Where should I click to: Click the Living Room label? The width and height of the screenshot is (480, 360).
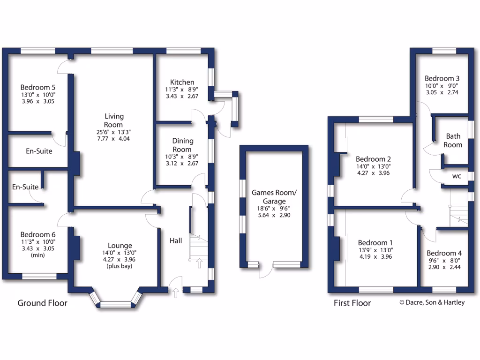pos(114,120)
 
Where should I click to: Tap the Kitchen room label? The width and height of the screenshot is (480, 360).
pos(182,82)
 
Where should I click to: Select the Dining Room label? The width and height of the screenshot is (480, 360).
pos(182,145)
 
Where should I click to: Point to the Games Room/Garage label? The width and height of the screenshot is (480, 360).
pos(274,196)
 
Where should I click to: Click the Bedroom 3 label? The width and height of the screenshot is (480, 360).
pos(442,78)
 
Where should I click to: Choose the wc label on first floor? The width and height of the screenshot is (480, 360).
pos(456,177)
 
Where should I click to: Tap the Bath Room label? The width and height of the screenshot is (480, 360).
pos(453,140)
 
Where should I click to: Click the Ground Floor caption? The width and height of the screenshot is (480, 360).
pos(42,303)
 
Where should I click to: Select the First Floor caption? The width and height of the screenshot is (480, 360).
pos(352,303)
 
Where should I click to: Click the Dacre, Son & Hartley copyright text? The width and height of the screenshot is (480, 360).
pos(432,302)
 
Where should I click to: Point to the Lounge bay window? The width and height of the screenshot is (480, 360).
pos(116,304)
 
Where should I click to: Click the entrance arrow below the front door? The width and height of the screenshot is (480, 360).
pos(176,293)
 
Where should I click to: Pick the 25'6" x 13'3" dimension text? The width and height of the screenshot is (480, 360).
pos(113,132)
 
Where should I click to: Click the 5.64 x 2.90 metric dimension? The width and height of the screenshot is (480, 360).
pos(274,215)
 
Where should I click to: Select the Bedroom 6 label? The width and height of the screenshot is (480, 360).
pos(38,234)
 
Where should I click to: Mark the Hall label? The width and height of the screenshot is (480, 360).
pos(176,240)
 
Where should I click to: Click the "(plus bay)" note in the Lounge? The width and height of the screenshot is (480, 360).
pos(120,266)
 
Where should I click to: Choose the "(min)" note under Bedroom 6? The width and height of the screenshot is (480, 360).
pos(37,255)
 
